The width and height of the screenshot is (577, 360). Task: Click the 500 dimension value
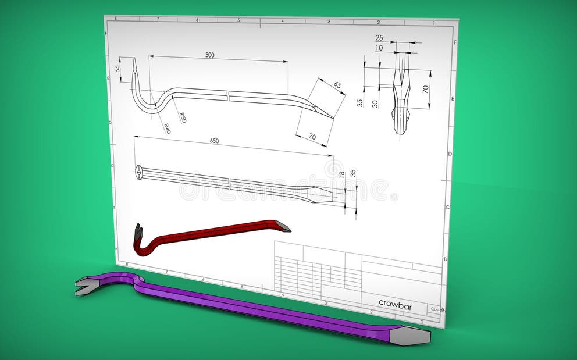tap(209, 55)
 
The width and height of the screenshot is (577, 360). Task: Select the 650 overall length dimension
tap(214, 141)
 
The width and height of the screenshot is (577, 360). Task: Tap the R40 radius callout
tap(167, 129)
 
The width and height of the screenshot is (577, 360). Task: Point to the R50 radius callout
tap(182, 117)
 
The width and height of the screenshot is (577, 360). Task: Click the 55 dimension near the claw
tap(118, 68)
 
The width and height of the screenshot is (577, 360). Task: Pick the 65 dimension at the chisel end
tap(337, 85)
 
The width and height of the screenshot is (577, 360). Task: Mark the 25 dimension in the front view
tap(379, 38)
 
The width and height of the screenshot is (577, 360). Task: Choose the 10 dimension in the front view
tap(379, 48)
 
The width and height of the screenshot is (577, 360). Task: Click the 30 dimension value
tap(375, 104)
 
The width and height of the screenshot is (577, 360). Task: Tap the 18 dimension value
tap(342, 174)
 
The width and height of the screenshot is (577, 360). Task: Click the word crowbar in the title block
tap(395, 303)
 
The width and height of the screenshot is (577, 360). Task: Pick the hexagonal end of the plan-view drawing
tap(139, 171)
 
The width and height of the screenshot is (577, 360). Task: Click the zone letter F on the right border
tap(455, 42)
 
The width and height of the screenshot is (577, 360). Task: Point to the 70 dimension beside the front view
tap(425, 90)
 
